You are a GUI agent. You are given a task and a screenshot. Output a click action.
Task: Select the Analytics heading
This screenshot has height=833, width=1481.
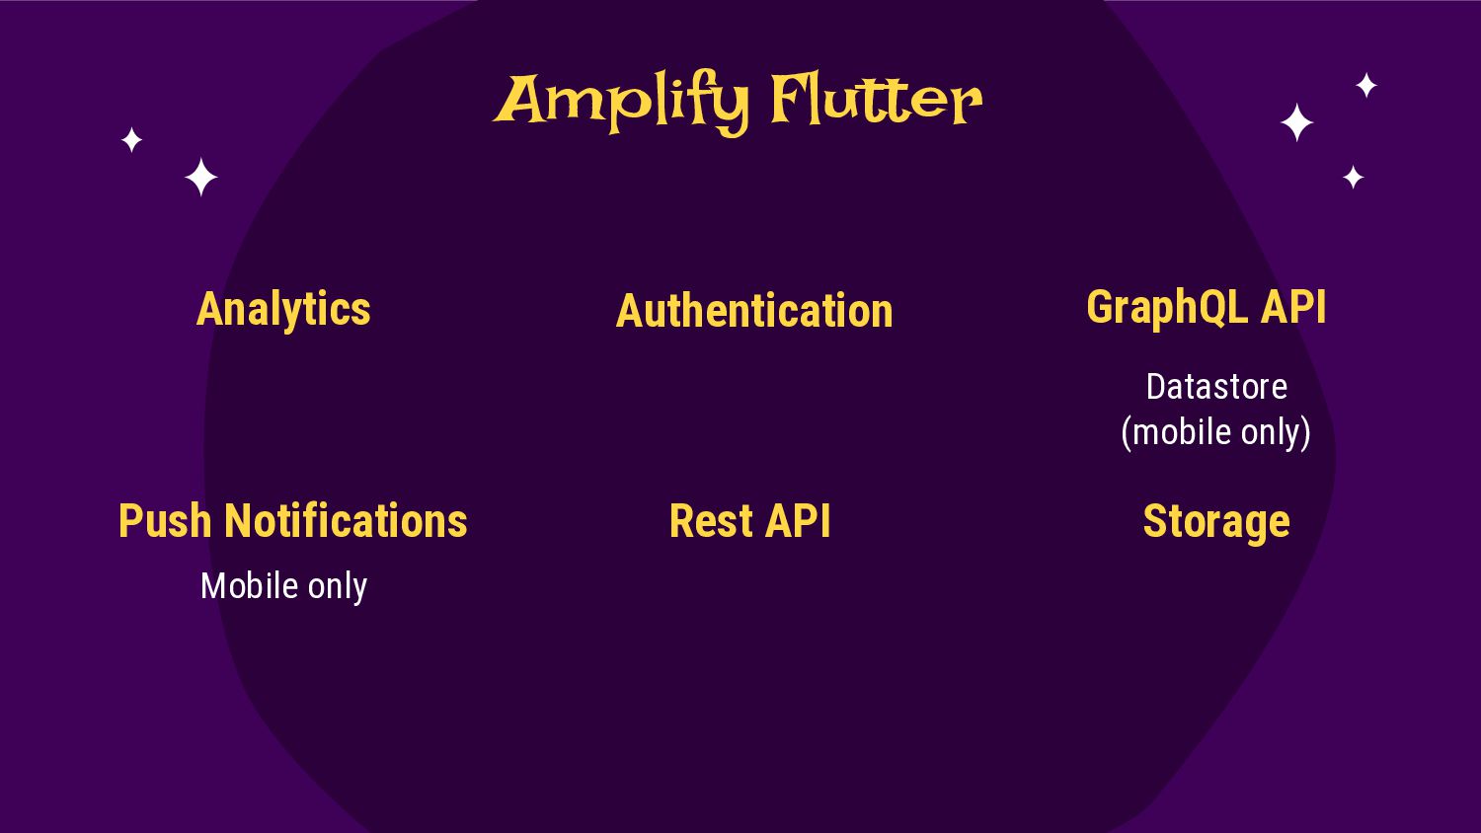coord(283,309)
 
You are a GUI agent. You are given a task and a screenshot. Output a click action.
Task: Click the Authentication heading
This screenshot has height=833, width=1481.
coord(754,311)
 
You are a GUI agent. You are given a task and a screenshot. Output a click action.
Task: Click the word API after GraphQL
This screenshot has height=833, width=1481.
coord(1293,307)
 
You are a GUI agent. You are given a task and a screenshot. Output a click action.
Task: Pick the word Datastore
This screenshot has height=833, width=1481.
coord(1216,387)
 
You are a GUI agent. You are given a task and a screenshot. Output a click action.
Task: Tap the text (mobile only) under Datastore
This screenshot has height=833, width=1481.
coord(1216,432)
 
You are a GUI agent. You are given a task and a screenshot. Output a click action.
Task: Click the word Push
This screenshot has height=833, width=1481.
coord(164,521)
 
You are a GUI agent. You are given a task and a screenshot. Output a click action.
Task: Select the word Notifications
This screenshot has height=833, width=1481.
coord(346,521)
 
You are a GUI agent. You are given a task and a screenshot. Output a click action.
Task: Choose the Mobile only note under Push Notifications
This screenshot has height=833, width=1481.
coord(283,586)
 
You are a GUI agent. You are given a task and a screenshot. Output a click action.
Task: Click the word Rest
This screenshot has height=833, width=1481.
coord(710,521)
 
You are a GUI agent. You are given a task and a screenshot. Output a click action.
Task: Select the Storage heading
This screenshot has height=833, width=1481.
coord(1216,521)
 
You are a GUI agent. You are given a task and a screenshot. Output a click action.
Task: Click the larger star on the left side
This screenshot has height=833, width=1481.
coord(201,178)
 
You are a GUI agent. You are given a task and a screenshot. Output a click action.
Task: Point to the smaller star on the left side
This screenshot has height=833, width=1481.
coord(131,140)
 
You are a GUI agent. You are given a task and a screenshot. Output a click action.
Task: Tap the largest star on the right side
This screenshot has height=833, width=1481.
coord(1296,123)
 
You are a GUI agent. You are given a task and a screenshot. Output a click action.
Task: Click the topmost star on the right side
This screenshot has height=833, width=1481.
coord(1366,86)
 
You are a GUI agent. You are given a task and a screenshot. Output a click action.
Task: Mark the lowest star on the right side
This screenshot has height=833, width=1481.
coord(1353,178)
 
